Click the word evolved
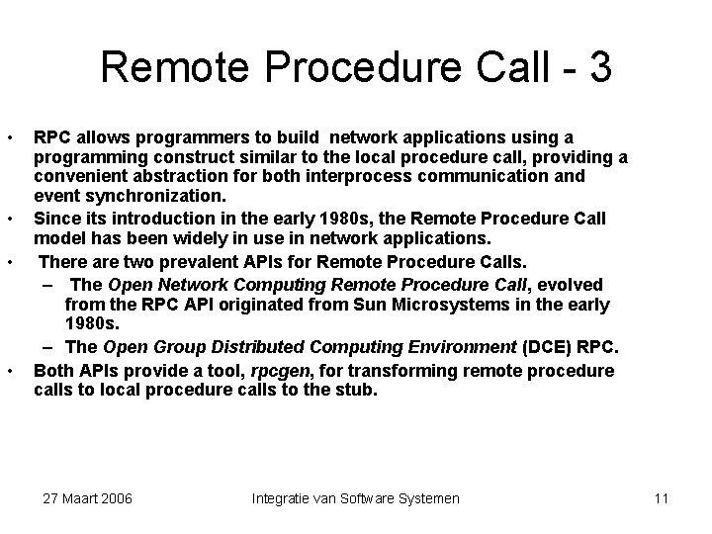569,284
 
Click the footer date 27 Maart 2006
88,498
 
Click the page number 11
662,498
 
